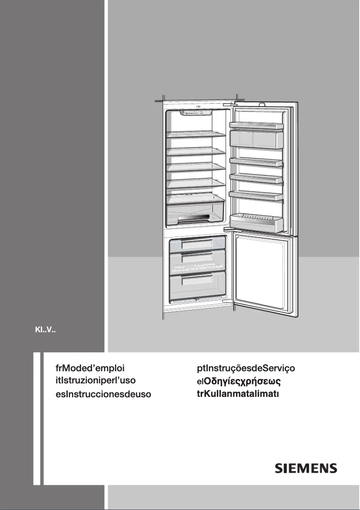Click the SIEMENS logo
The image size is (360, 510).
305,468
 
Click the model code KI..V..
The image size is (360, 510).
45,333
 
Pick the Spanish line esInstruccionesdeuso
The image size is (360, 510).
101,395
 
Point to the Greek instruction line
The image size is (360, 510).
239,382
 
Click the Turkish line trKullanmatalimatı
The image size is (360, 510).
238,395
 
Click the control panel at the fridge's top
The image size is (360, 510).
198,113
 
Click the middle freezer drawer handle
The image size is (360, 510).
198,259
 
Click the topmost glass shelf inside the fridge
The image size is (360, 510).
196,134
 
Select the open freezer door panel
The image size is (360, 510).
265,274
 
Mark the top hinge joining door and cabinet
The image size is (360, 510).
233,103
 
